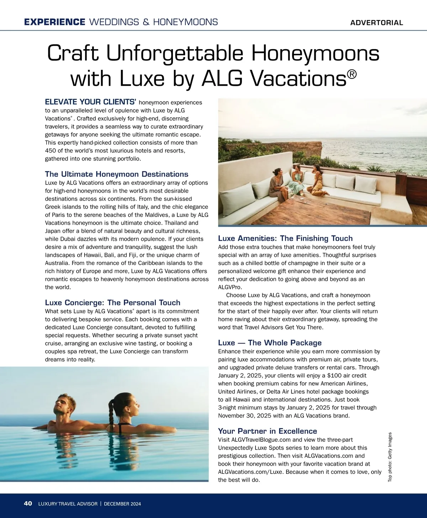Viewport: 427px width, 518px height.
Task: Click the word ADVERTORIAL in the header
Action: (376, 23)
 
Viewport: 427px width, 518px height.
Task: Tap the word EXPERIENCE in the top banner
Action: (54, 22)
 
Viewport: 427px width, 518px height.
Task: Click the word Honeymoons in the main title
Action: (316, 53)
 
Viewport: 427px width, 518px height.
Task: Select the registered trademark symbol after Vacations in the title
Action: (352, 74)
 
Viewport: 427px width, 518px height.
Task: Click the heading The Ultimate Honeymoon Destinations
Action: (116, 174)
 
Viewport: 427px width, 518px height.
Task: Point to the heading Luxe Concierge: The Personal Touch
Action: (112, 303)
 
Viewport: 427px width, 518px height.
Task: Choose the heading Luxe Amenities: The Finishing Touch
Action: (285, 238)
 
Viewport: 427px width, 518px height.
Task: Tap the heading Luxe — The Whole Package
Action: (269, 343)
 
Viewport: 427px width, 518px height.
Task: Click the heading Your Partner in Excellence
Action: (267, 431)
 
